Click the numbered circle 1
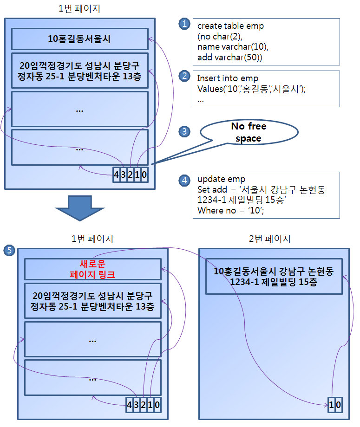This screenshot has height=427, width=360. click(184, 24)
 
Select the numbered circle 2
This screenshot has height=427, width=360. click(184, 76)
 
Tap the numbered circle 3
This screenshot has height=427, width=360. click(184, 131)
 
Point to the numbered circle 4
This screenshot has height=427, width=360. click(184, 180)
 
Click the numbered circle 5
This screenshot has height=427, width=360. click(9, 250)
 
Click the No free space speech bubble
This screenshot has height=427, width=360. click(249, 132)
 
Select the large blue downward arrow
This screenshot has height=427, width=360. click(80, 208)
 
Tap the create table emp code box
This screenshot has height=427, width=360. click(266, 42)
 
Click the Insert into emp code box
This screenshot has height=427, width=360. click(266, 89)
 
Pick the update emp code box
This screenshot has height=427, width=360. click(266, 195)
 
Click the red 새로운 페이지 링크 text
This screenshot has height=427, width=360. click(92, 269)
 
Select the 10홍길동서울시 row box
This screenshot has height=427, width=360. click(80, 39)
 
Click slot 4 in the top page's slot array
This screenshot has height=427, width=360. click(117, 175)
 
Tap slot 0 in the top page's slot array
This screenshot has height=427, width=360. click(144, 175)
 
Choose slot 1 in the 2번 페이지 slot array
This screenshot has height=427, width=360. click(331, 405)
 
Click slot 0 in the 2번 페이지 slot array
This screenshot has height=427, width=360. click(339, 405)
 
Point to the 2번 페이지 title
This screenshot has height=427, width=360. click(270, 239)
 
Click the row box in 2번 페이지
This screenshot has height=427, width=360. click(274, 277)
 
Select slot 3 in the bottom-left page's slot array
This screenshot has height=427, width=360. click(136, 405)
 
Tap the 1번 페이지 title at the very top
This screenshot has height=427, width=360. click(79, 9)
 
